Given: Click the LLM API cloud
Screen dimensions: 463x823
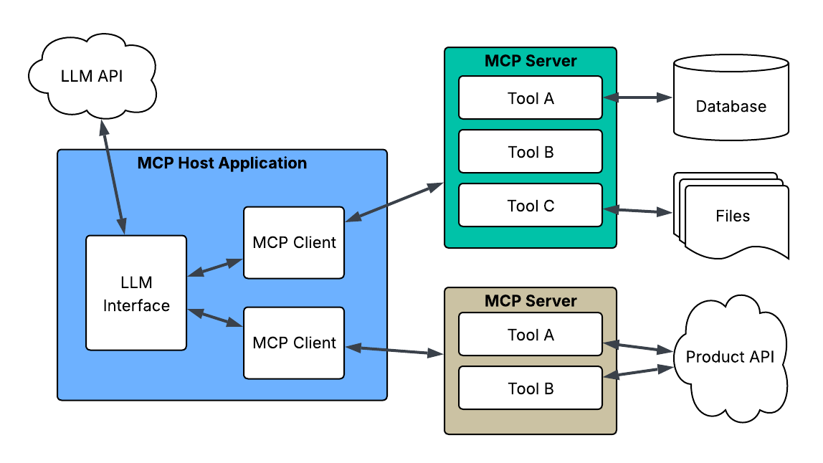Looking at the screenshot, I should (x=91, y=75).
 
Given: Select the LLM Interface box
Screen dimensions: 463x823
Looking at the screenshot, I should (x=136, y=293).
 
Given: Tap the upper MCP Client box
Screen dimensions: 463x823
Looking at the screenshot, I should (x=294, y=242).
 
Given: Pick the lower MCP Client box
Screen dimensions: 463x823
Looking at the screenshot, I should (x=294, y=343).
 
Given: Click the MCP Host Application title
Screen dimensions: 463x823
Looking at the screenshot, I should (x=222, y=163).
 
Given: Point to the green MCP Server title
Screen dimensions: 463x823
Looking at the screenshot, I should (x=531, y=60).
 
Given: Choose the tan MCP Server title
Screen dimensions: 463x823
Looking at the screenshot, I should (x=531, y=300).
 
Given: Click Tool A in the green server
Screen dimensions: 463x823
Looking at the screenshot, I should (x=531, y=98).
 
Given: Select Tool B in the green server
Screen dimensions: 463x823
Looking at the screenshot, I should (x=531, y=152).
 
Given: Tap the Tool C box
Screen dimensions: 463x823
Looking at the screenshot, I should (x=531, y=206).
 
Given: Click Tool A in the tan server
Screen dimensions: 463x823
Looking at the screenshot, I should (x=531, y=335).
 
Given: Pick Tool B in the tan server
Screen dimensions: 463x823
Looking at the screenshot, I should (x=531, y=388).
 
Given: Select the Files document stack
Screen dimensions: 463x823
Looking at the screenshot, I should (x=733, y=216).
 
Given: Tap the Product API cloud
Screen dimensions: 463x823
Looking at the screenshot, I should (x=730, y=357).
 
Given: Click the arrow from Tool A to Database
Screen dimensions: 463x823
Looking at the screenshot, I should (x=637, y=97).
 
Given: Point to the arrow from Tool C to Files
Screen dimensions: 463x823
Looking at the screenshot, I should (x=637, y=211).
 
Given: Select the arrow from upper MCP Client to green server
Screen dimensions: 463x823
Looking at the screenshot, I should (x=394, y=202).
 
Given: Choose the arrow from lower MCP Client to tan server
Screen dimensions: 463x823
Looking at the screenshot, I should (x=394, y=350).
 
